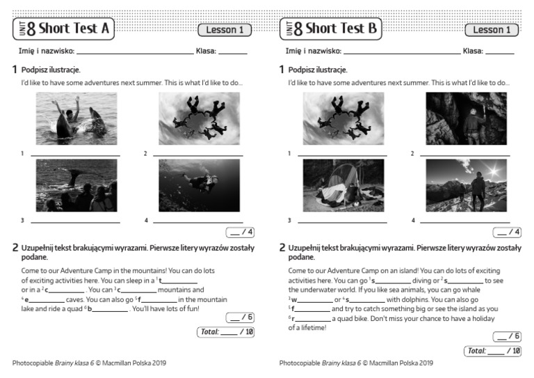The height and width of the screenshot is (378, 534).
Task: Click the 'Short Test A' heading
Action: pyautogui.click(x=74, y=29)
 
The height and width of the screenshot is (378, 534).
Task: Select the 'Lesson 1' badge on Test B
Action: pyautogui.click(x=492, y=30)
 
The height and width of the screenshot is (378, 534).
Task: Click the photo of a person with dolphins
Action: pyautogui.click(x=76, y=118)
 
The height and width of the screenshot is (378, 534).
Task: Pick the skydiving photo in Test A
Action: pyautogui.click(x=199, y=118)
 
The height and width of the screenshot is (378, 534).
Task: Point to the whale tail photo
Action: pyautogui.click(x=76, y=185)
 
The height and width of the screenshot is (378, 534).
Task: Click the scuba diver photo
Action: pyautogui.click(x=199, y=185)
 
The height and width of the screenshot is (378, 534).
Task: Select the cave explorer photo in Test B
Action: pyautogui.click(x=465, y=118)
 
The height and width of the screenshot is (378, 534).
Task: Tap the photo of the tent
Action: pyautogui.click(x=343, y=185)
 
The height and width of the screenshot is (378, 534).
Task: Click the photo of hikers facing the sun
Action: pyautogui.click(x=465, y=185)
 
